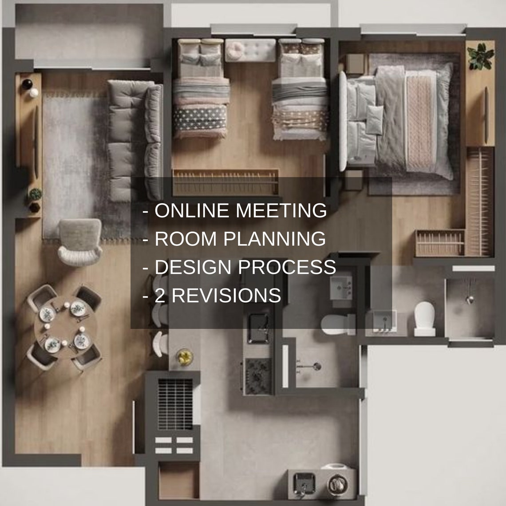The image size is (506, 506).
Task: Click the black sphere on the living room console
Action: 28,83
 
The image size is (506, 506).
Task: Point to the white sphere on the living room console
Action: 34,92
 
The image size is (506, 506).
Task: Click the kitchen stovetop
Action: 258,376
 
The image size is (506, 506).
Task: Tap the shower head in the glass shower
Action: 469,299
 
